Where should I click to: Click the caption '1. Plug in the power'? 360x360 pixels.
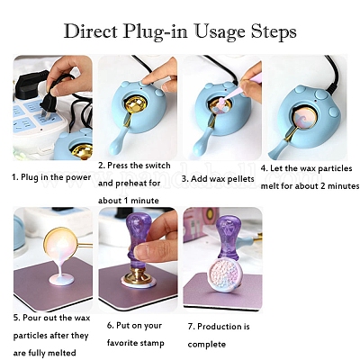click(51, 177)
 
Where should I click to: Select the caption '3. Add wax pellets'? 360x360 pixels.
click(218, 179)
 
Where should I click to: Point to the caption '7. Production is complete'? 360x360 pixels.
click(219, 335)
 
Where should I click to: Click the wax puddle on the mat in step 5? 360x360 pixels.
click(61, 279)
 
